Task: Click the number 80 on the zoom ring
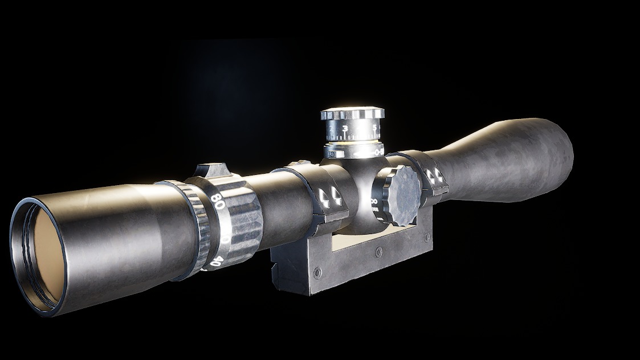click(216, 199)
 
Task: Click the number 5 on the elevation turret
click(374, 126)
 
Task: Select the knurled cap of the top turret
click(352, 114)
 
